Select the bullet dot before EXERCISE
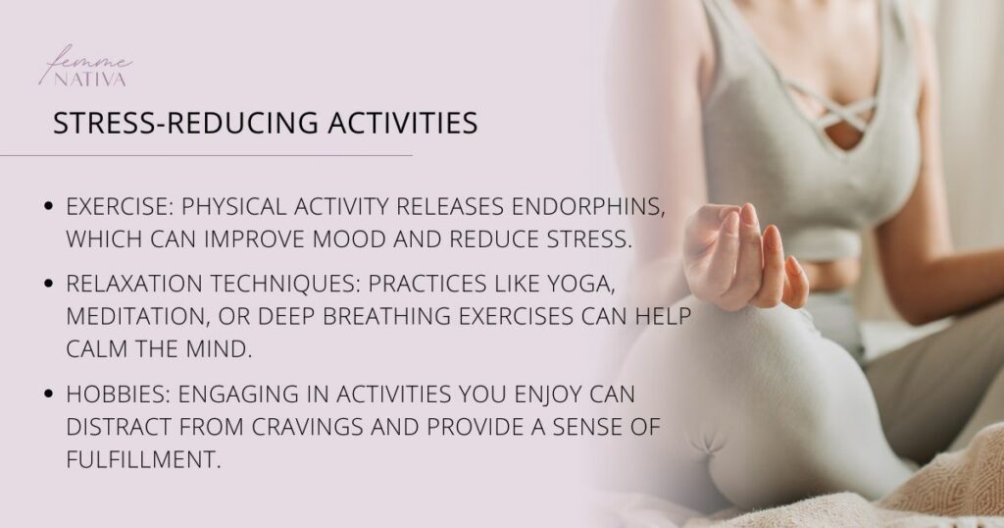coord(50,208)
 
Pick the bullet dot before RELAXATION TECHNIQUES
coord(50,284)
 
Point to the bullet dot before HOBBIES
coord(50,396)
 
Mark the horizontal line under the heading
coord(206,155)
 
